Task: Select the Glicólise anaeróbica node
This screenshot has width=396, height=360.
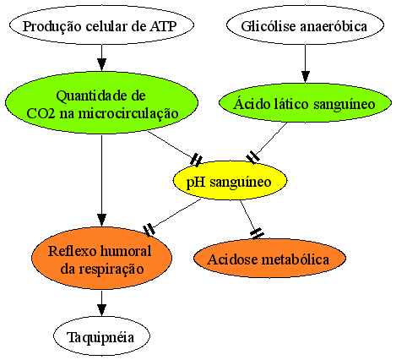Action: [x=305, y=25]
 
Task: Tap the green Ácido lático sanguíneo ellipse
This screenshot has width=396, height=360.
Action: [x=305, y=103]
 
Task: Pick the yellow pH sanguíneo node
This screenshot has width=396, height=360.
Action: [x=230, y=181]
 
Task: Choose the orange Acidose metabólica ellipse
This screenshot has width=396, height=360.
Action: [x=269, y=259]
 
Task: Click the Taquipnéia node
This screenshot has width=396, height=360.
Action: [x=101, y=336]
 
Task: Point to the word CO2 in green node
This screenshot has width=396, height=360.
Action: [x=41, y=113]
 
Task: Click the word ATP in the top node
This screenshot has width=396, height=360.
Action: [x=163, y=26]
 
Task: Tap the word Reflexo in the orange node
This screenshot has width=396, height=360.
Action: [x=72, y=251]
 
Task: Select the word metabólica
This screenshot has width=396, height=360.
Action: [x=296, y=259]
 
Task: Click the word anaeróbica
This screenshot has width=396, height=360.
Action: [x=334, y=26]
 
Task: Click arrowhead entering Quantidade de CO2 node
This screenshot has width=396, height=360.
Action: [x=101, y=65]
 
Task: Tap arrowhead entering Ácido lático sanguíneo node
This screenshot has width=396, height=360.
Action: [x=305, y=77]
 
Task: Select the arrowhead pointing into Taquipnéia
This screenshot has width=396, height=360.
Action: [x=101, y=310]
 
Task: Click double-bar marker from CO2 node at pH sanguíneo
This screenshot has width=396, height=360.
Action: [x=196, y=160]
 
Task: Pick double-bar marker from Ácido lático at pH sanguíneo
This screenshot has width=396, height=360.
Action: [x=253, y=157]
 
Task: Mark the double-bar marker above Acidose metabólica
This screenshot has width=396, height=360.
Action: [x=257, y=233]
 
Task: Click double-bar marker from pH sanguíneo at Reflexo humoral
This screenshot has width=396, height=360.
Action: [x=149, y=230]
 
